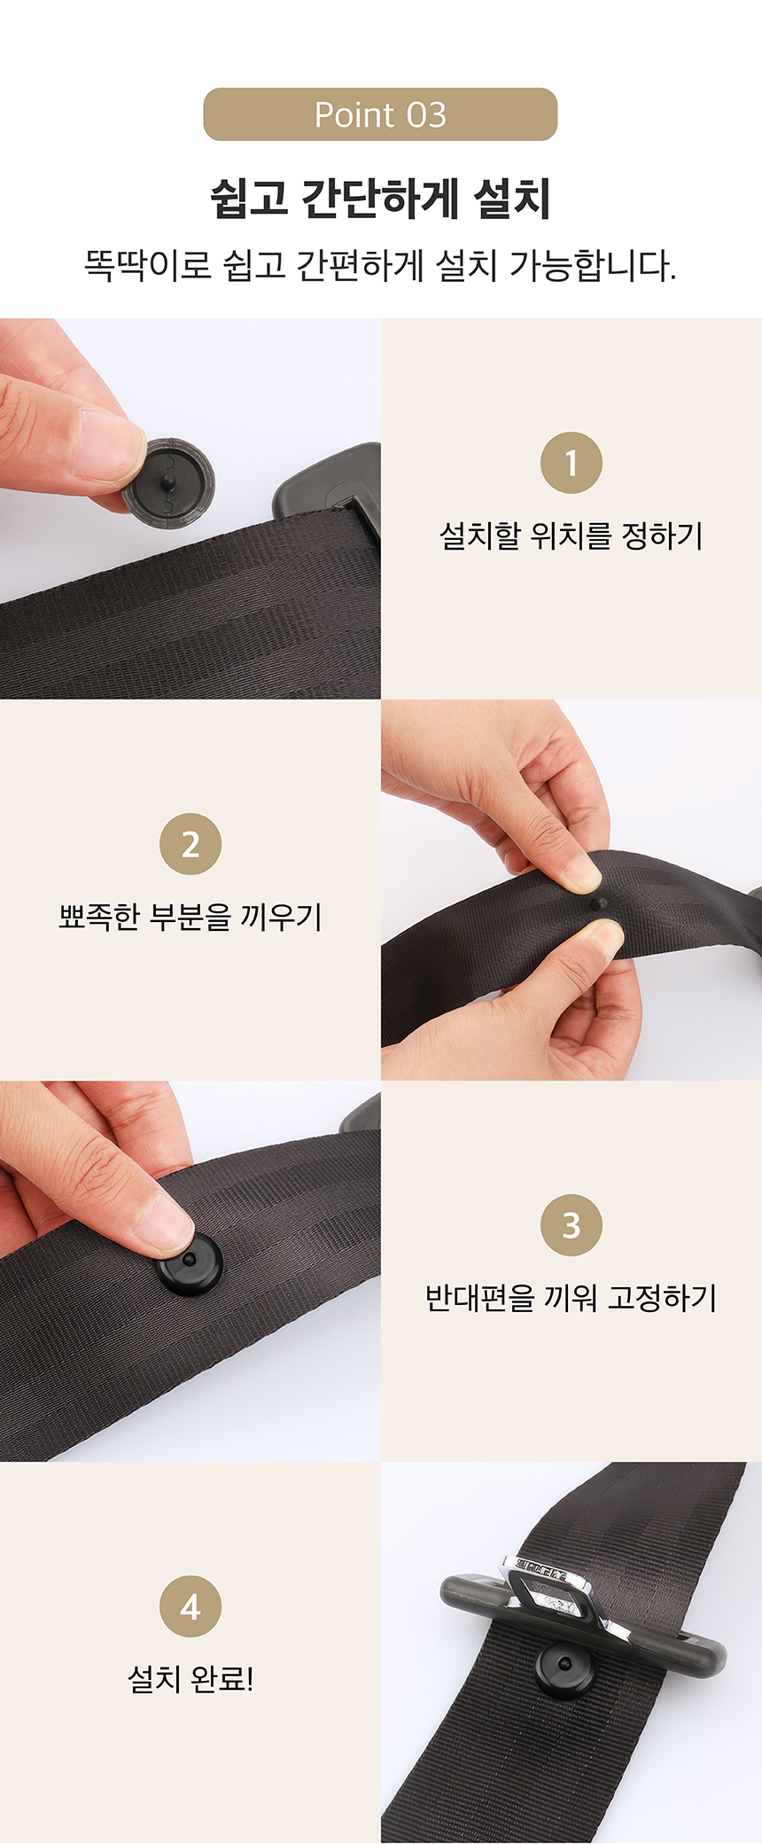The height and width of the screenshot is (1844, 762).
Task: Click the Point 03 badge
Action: click(380, 114)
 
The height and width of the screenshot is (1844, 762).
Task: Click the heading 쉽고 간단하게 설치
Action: click(380, 198)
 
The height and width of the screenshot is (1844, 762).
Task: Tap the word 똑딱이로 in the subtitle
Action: click(147, 265)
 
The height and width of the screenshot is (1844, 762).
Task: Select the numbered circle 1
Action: click(571, 463)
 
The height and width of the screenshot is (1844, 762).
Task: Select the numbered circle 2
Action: click(190, 844)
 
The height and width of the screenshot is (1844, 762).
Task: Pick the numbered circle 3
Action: click(571, 1225)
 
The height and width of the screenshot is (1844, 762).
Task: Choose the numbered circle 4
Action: click(190, 1606)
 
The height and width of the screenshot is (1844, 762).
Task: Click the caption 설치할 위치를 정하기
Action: click(571, 535)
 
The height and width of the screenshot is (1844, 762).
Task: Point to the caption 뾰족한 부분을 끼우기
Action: click(190, 917)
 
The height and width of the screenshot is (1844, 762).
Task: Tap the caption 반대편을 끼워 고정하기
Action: click(571, 1298)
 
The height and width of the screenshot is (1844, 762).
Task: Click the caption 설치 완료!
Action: click(190, 1679)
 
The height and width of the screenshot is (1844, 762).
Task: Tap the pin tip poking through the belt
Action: click(597, 903)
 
